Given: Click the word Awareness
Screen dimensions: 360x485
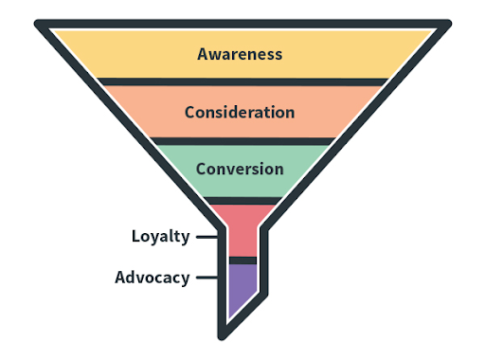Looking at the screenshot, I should click(240, 54).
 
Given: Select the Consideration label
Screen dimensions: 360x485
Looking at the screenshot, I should click(240, 112).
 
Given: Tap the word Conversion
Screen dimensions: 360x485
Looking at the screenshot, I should click(240, 170).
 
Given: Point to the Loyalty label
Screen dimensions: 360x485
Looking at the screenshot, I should click(160, 236).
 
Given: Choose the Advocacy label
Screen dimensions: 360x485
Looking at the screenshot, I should click(152, 278).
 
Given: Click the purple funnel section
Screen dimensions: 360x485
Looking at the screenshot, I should click(241, 289).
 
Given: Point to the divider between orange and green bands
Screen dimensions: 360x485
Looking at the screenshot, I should click(240, 141).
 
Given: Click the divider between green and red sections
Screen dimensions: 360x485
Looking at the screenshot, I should click(242, 200).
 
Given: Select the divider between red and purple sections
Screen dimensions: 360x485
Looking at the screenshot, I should click(242, 260).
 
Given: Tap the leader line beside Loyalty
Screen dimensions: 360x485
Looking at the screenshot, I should click(207, 237).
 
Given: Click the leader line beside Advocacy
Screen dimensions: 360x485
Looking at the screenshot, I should click(207, 279).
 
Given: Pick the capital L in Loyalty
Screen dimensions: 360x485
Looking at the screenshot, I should click(135, 236).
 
